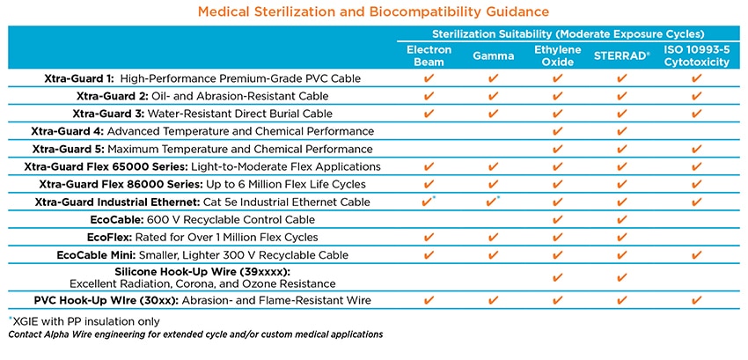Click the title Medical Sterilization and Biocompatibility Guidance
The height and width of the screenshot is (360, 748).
[x=374, y=11]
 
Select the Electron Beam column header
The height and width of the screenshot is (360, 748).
[x=430, y=56]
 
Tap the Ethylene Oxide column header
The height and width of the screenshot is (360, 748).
[x=557, y=56]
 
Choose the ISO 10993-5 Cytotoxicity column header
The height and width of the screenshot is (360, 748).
[x=696, y=56]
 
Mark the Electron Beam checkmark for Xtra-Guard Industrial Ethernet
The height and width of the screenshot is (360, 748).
[x=429, y=202]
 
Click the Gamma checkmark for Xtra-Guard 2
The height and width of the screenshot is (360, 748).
[x=493, y=96]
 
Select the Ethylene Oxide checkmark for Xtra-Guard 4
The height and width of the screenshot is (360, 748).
[x=557, y=131]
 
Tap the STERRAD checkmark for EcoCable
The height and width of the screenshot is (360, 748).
[x=621, y=219]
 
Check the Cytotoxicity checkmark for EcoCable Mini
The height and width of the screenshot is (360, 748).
[x=696, y=254]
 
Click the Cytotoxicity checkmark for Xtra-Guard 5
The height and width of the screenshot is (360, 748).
[x=696, y=149]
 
